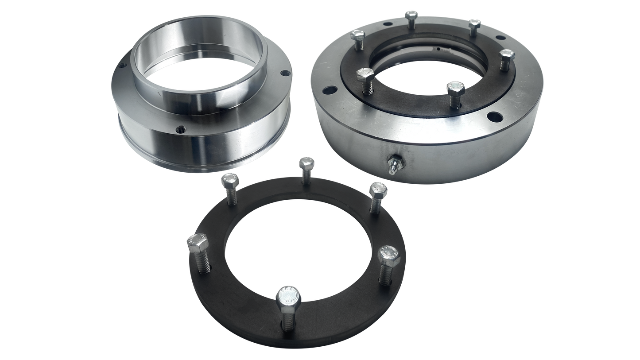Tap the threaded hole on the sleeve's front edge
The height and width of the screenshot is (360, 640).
(x=181, y=129)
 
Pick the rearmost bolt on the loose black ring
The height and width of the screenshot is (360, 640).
(x=306, y=165)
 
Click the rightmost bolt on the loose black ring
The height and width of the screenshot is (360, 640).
(x=388, y=255)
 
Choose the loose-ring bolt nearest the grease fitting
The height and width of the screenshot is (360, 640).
(x=377, y=190)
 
